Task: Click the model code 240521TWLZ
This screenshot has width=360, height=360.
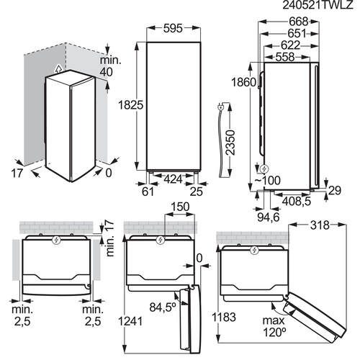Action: [x=318, y=5]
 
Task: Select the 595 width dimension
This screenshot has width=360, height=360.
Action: [x=173, y=28]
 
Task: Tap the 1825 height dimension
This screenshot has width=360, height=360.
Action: [x=131, y=105]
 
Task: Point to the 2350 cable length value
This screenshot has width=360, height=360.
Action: [x=231, y=143]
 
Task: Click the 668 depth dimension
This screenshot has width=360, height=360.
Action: [x=298, y=22]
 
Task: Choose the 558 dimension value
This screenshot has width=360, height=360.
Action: [x=285, y=57]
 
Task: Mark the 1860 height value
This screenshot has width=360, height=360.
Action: [x=243, y=82]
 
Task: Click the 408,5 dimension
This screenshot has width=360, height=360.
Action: [x=297, y=201]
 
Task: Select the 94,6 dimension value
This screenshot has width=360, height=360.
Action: [x=269, y=217]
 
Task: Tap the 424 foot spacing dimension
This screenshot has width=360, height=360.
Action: [x=173, y=179]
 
